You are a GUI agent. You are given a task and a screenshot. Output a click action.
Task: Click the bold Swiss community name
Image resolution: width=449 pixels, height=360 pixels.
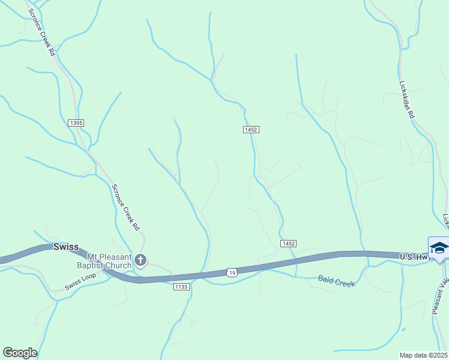pyautogui.click(x=67, y=247)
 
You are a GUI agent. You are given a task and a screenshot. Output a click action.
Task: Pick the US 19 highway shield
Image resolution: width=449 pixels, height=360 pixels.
pyautogui.click(x=232, y=272)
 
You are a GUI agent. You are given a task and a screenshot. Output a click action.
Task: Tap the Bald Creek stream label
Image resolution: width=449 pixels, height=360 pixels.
pyautogui.click(x=333, y=279)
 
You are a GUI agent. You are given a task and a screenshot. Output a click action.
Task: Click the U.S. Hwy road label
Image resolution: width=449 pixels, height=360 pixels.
pyautogui.click(x=415, y=257)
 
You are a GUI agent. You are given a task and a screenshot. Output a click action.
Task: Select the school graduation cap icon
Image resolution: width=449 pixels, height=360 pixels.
pyautogui.click(x=439, y=248)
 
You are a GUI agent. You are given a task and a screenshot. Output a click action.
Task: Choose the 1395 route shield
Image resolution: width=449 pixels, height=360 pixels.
pyautogui.click(x=76, y=123)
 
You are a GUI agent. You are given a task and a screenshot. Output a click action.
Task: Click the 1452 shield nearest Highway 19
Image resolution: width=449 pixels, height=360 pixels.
pyautogui.click(x=288, y=243)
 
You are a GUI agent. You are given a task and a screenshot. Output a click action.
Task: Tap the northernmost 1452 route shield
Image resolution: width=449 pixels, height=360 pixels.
pyautogui.click(x=251, y=130)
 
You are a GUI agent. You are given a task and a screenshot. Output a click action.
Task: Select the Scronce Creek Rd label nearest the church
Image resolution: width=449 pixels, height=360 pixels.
pyautogui.click(x=125, y=207)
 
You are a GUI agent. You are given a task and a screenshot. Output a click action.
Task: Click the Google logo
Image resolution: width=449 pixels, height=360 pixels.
pyautogui.click(x=20, y=353)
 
